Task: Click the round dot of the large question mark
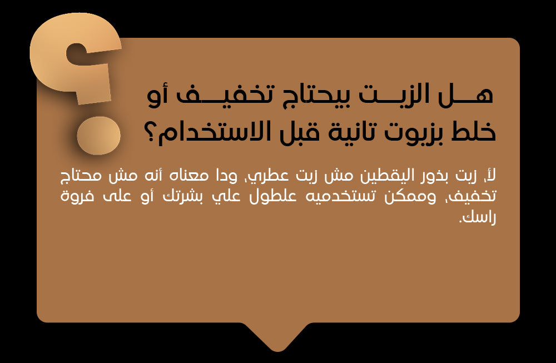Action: click(x=98, y=136)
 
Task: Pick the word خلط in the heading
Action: click(x=473, y=131)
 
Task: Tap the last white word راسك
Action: click(x=477, y=217)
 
